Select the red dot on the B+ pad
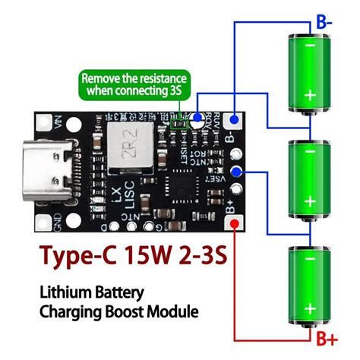[x=235, y=223]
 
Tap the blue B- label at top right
[x=324, y=22]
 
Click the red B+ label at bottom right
[x=327, y=337]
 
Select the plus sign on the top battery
[x=310, y=95]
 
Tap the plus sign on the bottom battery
[x=310, y=309]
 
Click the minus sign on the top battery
[x=310, y=46]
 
